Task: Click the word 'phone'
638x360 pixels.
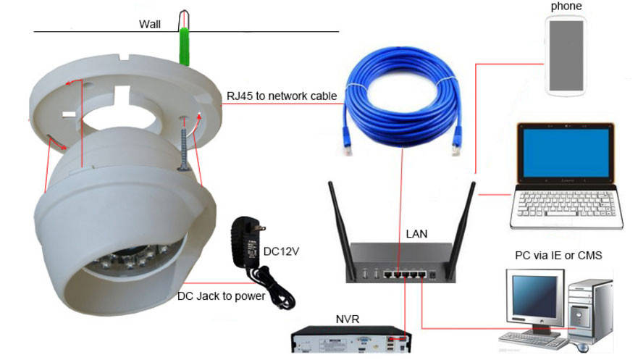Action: (566, 7)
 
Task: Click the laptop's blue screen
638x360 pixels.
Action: (563, 155)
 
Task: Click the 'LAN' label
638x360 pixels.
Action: (416, 233)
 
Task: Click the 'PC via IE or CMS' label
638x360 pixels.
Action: (558, 255)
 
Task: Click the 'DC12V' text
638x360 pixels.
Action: (281, 251)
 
